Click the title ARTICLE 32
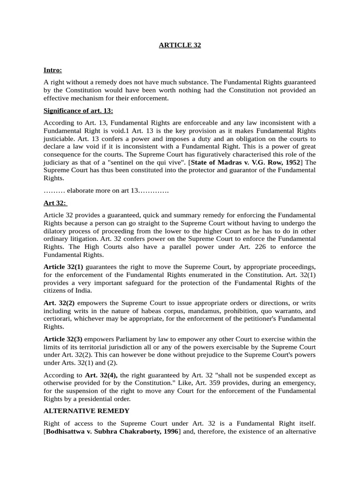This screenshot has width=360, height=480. click(180, 45)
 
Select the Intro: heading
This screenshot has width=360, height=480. click(52, 70)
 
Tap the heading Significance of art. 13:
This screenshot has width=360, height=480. click(78, 111)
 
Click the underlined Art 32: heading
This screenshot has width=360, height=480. click(55, 203)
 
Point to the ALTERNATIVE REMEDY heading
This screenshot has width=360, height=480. click(86, 411)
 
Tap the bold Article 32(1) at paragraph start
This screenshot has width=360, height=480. click(63, 266)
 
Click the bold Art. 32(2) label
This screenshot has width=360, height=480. click(59, 303)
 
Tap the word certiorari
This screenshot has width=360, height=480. click(58, 318)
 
